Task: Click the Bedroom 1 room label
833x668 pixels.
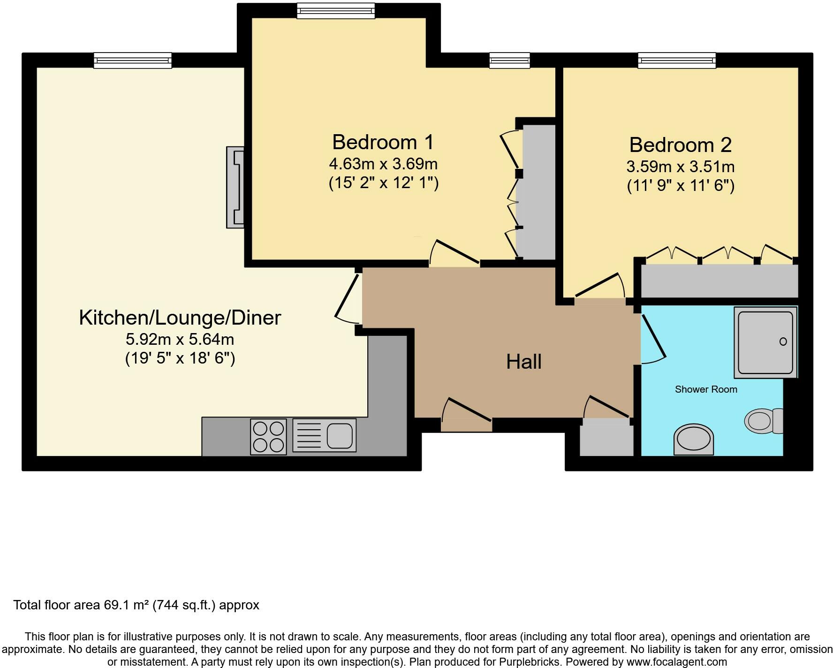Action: click(x=383, y=142)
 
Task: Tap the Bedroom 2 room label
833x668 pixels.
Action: click(x=680, y=145)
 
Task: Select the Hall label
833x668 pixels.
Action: click(x=524, y=362)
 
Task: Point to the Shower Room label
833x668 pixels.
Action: click(x=706, y=389)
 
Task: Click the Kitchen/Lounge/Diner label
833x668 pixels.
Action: click(x=180, y=318)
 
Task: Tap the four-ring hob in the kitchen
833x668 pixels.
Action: click(x=268, y=437)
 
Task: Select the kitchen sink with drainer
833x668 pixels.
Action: click(x=324, y=435)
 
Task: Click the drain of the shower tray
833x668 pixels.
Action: click(x=783, y=342)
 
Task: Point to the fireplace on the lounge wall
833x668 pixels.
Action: click(x=235, y=187)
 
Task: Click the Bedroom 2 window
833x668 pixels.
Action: click(x=677, y=60)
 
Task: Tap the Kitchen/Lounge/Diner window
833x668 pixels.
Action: click(x=133, y=60)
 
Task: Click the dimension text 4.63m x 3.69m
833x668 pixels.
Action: click(x=383, y=164)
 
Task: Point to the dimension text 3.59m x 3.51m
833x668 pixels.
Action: click(x=680, y=167)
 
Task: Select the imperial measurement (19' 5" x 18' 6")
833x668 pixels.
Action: click(x=180, y=358)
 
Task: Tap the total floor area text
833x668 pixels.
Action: click(x=136, y=605)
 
